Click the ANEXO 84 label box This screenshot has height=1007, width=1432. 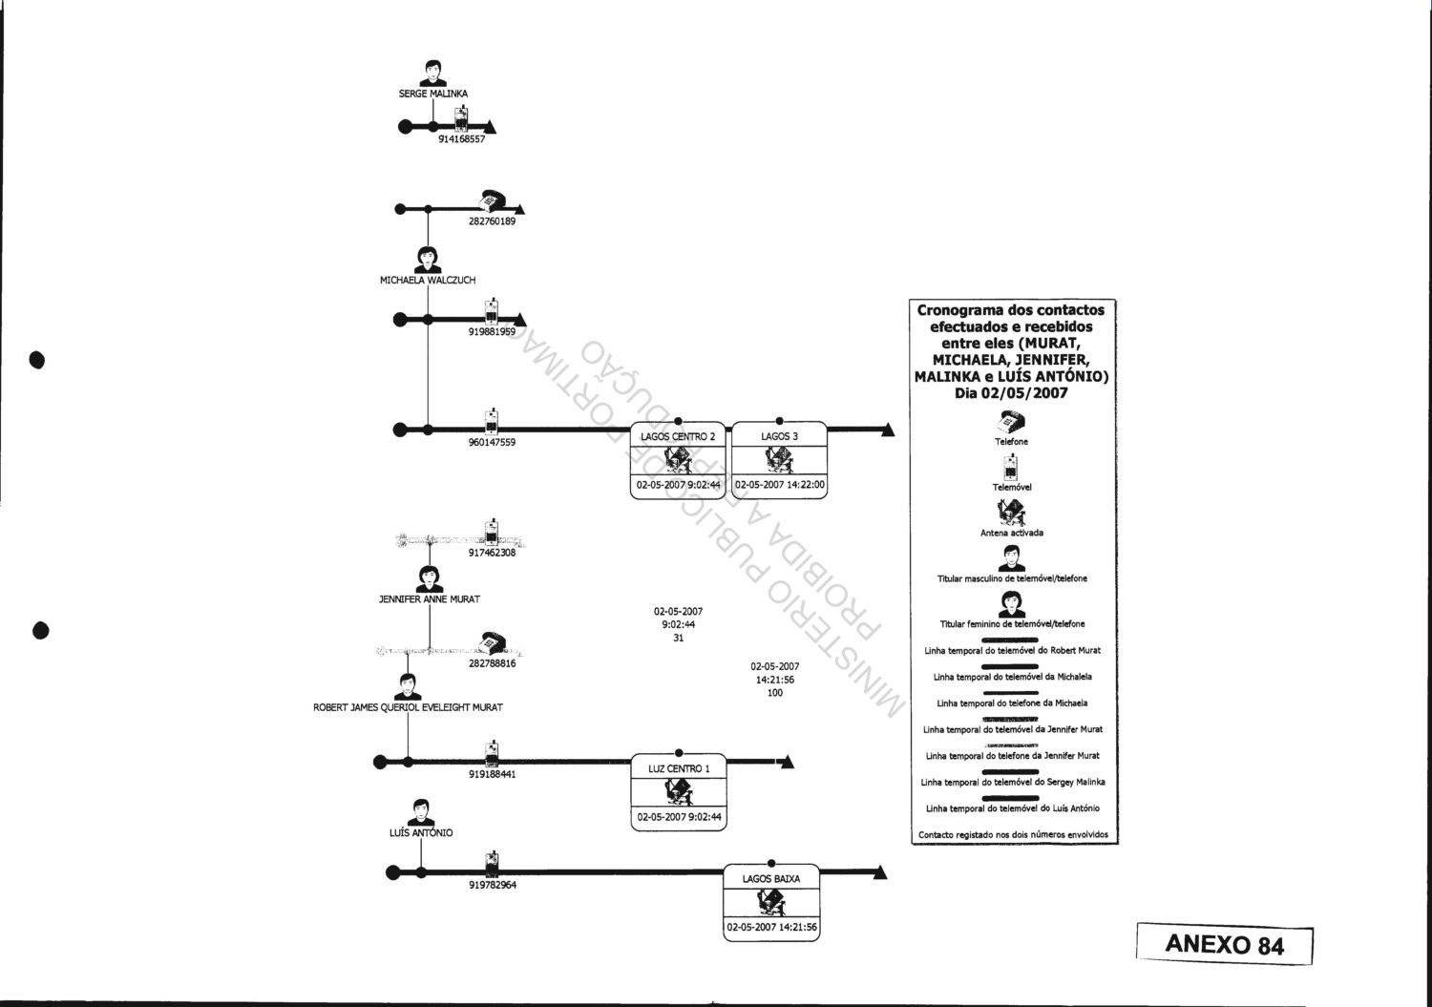1225,944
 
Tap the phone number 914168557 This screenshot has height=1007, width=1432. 461,139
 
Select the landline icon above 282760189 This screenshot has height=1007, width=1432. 492,200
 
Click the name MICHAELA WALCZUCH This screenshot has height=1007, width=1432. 428,281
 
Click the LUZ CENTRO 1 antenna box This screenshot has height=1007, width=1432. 679,793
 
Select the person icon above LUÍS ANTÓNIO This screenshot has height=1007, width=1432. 420,812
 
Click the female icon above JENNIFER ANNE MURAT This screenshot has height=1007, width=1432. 430,579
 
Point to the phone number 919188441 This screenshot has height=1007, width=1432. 492,775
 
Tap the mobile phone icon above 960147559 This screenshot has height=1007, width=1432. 491,422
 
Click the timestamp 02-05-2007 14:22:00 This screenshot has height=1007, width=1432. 780,485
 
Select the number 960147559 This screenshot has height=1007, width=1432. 492,443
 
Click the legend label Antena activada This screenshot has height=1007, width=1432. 1012,533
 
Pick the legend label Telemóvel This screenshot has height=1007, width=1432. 1012,487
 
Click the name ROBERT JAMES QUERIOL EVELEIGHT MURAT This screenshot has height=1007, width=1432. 408,707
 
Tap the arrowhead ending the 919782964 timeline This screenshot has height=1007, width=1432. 880,872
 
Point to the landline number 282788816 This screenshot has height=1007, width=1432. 492,663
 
